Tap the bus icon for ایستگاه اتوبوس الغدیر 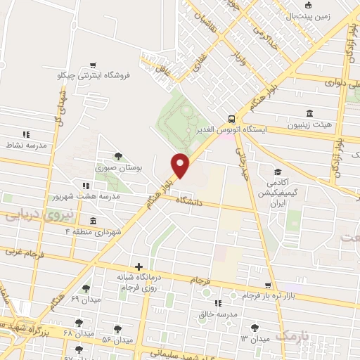click(231, 119)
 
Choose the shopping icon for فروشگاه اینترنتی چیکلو click(92, 62)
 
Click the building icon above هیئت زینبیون click(309, 112)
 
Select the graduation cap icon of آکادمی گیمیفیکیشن click(278, 172)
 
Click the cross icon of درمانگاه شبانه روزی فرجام click(139, 266)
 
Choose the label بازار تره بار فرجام click(259, 295)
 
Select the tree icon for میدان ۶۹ click(86, 288)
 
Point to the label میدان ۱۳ click(255, 339)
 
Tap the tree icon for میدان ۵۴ click(117, 328)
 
